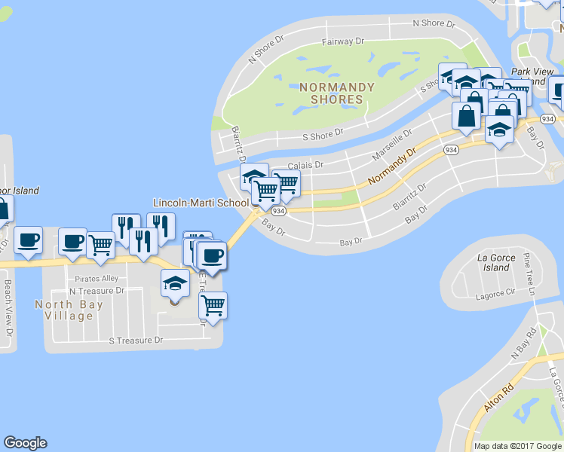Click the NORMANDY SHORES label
point(336,93)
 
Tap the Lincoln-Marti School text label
point(201,203)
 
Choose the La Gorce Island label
point(497,263)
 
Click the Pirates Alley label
point(97,279)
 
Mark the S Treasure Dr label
point(136,341)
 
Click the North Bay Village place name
point(64,310)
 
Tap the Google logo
point(25,443)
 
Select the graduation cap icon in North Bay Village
point(175,285)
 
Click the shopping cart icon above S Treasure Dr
point(213,305)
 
